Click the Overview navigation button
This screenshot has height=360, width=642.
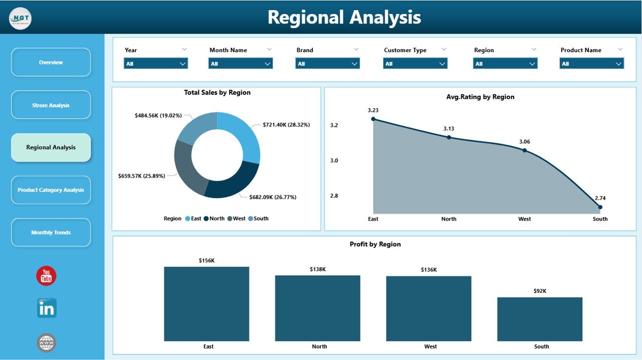pyautogui.click(x=51, y=62)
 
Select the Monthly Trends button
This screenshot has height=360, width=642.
pyautogui.click(x=51, y=232)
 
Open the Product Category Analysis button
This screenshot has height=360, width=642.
pyautogui.click(x=51, y=190)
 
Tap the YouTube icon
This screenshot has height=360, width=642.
pyautogui.click(x=46, y=276)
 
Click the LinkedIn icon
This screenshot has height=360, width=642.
pyautogui.click(x=47, y=308)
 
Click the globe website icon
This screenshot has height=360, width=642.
pyautogui.click(x=47, y=343)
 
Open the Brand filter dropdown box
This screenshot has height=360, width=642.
pyautogui.click(x=328, y=64)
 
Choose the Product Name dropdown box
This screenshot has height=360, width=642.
pyautogui.click(x=591, y=64)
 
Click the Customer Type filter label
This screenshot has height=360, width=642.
pyautogui.click(x=405, y=50)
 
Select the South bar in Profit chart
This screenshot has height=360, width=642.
pyautogui.click(x=540, y=319)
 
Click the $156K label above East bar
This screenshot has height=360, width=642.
pyautogui.click(x=206, y=260)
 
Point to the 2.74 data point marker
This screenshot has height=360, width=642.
pyautogui.click(x=600, y=207)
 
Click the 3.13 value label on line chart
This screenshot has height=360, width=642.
pyautogui.click(x=448, y=129)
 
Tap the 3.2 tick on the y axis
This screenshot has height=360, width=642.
pyautogui.click(x=334, y=125)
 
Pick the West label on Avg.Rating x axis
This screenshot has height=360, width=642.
pyautogui.click(x=525, y=219)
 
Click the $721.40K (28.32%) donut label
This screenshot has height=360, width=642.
pyautogui.click(x=286, y=125)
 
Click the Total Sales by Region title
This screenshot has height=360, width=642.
pyautogui.click(x=217, y=93)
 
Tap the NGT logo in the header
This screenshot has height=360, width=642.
pyautogui.click(x=20, y=19)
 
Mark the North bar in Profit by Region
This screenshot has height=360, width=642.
pyautogui.click(x=317, y=308)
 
